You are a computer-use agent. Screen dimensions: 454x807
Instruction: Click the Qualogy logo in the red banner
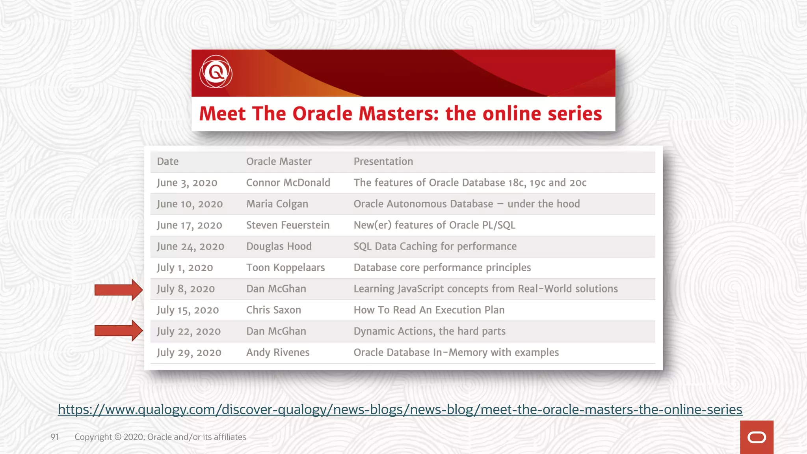tap(216, 72)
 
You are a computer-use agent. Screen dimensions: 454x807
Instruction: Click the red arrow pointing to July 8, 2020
tap(118, 290)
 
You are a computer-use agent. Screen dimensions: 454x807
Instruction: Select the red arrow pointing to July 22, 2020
tap(118, 330)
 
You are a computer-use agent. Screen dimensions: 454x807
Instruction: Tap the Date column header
tap(167, 162)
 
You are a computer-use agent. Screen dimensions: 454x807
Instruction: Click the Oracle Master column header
tap(279, 162)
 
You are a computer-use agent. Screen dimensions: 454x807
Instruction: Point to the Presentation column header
tap(383, 162)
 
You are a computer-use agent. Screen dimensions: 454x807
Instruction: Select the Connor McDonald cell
tap(288, 183)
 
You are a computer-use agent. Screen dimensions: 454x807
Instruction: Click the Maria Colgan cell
tap(277, 204)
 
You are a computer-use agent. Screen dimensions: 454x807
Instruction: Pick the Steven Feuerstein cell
tap(288, 225)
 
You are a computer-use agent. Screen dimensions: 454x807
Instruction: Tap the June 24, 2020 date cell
tap(190, 247)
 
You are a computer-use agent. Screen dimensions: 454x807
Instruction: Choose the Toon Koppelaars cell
tap(285, 268)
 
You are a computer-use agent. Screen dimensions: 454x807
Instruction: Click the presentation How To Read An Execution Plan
tap(429, 310)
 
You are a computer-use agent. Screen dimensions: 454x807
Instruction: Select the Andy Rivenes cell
tap(278, 353)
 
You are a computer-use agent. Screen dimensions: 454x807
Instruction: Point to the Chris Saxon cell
tap(273, 310)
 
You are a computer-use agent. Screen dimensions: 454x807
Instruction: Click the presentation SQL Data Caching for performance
tap(435, 247)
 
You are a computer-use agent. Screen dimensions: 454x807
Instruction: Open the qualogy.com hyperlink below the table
tap(400, 409)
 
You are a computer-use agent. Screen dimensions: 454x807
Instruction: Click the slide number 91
tap(54, 437)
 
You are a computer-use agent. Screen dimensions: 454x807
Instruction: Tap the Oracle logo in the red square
tap(757, 437)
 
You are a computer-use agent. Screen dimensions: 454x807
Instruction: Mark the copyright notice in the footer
tap(160, 437)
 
